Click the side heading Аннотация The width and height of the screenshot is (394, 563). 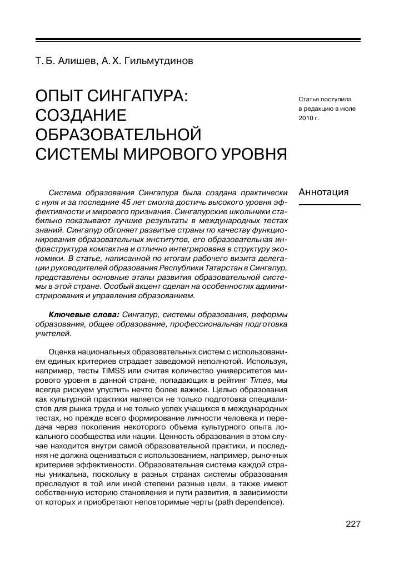pyautogui.click(x=323, y=192)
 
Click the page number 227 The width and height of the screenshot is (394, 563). pyautogui.click(x=353, y=524)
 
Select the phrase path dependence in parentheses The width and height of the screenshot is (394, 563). pyautogui.click(x=254, y=503)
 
